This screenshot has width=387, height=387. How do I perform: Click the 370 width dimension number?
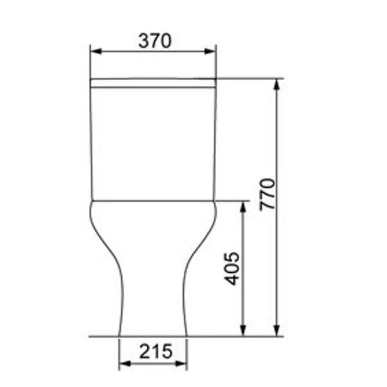click(155, 41)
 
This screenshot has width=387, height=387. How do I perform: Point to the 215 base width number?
click(155, 352)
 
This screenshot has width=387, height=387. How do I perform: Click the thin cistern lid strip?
click(153, 83)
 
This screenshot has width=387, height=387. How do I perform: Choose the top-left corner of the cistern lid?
click(91, 79)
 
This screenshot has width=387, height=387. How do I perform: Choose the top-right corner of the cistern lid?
click(215, 79)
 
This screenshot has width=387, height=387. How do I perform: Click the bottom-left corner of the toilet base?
click(120, 335)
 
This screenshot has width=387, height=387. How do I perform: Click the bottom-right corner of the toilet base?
click(186, 335)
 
